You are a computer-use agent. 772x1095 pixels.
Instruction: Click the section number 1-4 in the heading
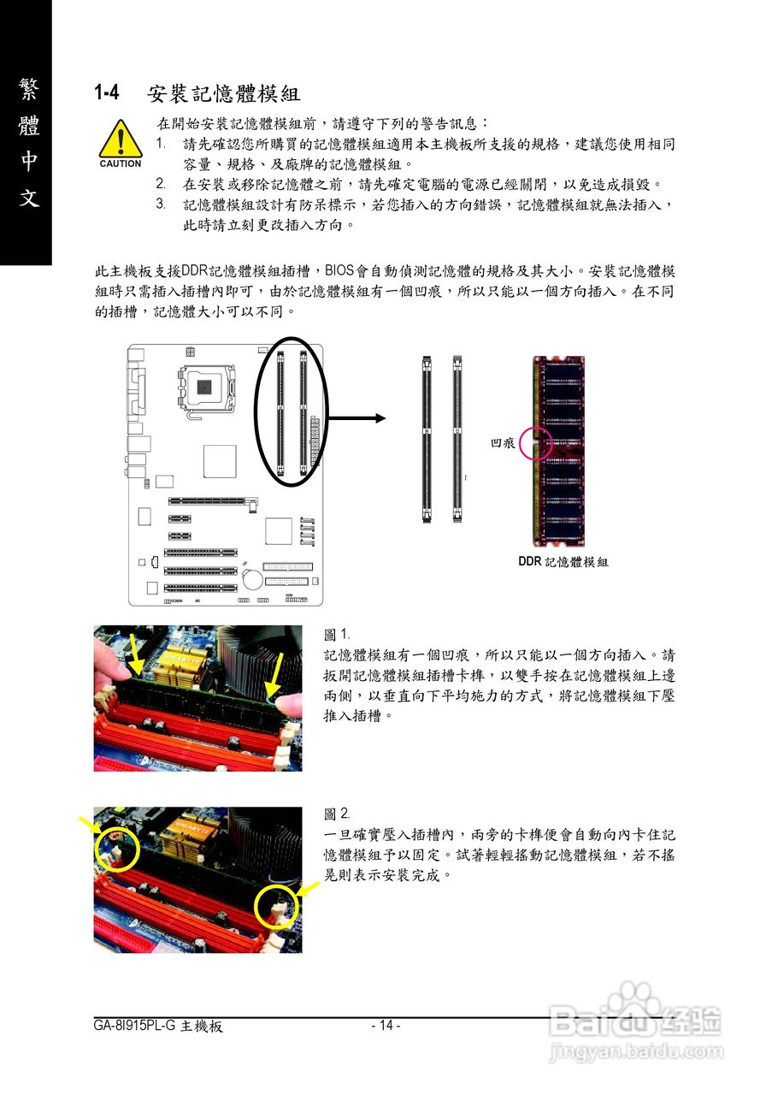click(x=109, y=92)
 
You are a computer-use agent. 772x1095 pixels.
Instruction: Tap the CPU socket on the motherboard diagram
click(x=204, y=386)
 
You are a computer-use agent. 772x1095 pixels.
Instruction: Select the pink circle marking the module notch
click(x=537, y=443)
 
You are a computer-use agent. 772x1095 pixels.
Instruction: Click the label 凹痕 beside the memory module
click(x=502, y=443)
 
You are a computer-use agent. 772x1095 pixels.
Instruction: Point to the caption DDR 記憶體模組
click(x=563, y=562)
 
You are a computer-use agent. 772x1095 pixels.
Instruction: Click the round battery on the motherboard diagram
click(x=252, y=579)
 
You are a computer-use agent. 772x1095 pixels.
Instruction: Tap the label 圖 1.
click(x=337, y=635)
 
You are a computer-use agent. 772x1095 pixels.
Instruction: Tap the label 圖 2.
click(x=337, y=813)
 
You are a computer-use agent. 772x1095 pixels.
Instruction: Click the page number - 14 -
click(x=386, y=1026)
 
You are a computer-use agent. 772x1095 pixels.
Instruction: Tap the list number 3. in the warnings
click(x=161, y=204)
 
